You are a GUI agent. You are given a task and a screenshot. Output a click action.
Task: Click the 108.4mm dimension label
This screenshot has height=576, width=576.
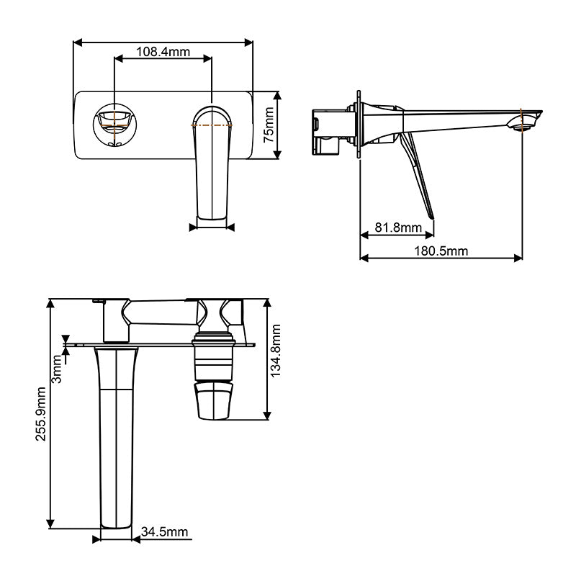pos(163,52)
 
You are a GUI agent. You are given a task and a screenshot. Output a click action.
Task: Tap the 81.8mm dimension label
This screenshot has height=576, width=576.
pos(398,228)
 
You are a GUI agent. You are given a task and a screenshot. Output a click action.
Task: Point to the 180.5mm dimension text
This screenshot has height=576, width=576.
pos(442,251)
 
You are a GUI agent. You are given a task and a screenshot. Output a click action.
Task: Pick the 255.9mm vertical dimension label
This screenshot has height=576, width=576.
pos(41,413)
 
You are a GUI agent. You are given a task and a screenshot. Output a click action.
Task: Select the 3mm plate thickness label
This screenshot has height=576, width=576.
pos(58,372)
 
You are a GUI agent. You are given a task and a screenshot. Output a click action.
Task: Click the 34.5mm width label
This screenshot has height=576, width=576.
pos(164,532)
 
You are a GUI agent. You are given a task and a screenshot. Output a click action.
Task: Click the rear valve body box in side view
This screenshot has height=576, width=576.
pos(329,130)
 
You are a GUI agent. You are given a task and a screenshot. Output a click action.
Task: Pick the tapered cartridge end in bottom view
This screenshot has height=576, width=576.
pos(215,400)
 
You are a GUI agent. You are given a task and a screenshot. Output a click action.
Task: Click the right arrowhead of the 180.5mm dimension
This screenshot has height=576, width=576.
pos(519,258)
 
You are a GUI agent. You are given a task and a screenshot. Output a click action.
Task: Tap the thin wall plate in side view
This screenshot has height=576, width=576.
pos(358,126)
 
